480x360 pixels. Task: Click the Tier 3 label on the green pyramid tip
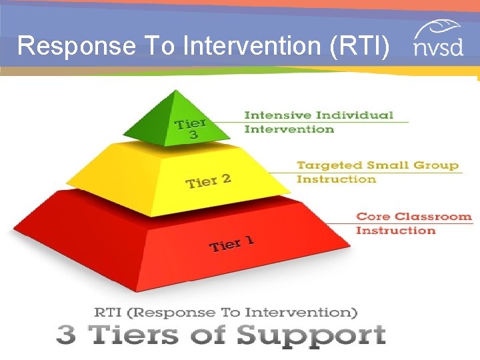click(190, 128)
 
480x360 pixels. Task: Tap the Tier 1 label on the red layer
click(231, 244)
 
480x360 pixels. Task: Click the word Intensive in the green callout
click(271, 115)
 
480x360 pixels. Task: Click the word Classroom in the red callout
click(433, 217)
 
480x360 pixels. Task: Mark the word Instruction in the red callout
click(395, 231)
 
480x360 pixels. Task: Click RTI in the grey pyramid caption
click(107, 312)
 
